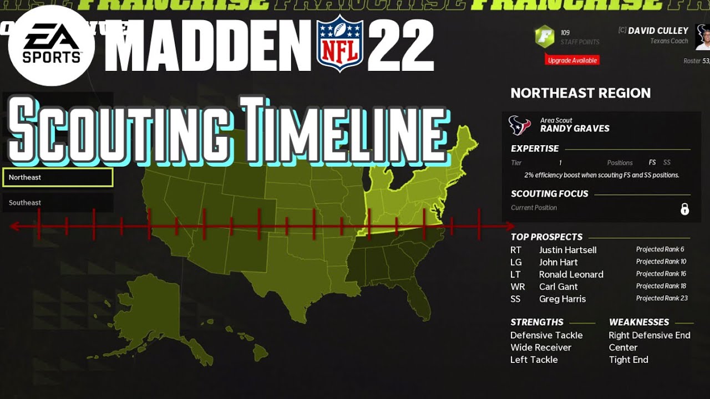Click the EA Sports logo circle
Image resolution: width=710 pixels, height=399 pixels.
(x=51, y=46)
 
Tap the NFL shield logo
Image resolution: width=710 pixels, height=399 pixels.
(x=339, y=44)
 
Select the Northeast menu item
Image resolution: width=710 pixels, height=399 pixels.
(x=58, y=177)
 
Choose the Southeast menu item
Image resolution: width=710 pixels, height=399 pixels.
(x=58, y=203)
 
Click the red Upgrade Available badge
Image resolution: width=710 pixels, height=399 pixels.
(x=572, y=60)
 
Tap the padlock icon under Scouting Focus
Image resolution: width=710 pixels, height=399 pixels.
(x=684, y=209)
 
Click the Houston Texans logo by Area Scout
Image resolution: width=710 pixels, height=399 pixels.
(x=520, y=125)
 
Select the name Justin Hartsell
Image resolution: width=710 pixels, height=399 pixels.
(x=567, y=250)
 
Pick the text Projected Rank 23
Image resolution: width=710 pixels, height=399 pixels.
(x=662, y=298)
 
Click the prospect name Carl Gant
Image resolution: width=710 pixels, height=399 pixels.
(x=558, y=287)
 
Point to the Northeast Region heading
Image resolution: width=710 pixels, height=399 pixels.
(x=580, y=93)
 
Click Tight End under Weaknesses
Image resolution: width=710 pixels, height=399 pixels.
(x=628, y=360)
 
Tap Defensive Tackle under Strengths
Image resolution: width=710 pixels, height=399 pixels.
(x=546, y=335)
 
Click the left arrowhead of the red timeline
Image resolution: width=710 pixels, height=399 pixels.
(x=14, y=226)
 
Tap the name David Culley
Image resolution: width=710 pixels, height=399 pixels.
(x=658, y=30)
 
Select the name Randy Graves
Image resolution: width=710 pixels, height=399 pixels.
(x=575, y=129)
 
